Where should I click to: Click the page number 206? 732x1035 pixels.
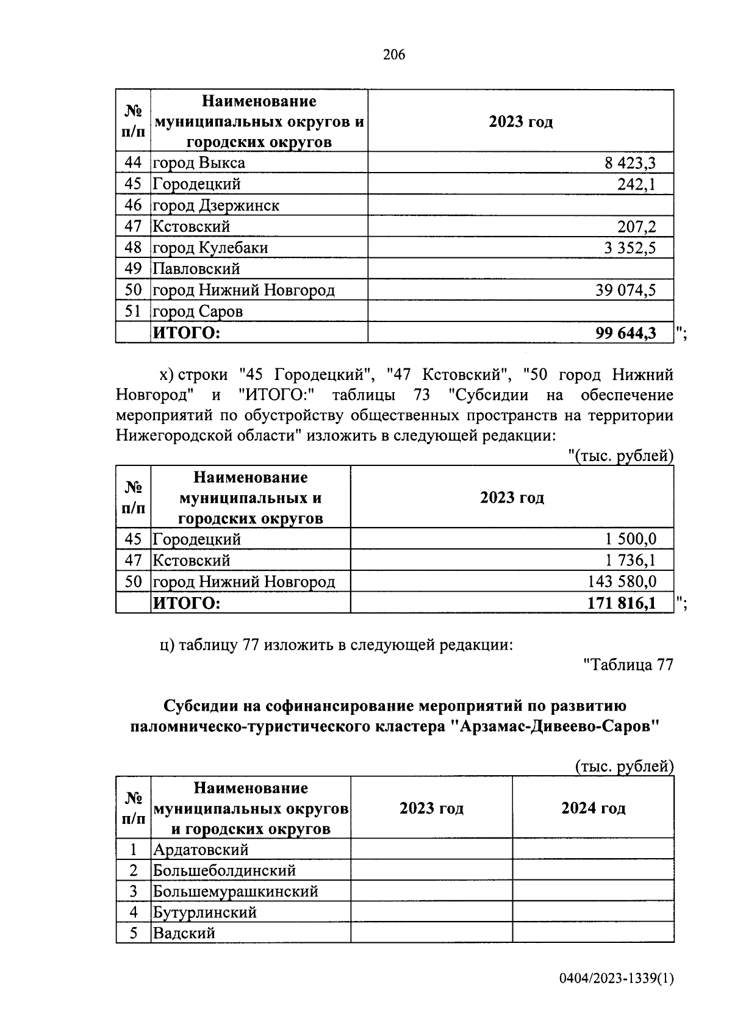393,55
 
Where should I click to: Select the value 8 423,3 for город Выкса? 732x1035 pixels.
630,163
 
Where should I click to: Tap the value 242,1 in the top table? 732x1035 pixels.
636,184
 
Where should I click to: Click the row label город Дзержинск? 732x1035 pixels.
216,206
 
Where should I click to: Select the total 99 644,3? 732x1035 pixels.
626,333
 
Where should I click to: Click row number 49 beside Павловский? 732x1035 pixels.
133,269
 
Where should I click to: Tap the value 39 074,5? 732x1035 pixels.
626,290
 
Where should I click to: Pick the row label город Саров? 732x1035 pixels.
198,312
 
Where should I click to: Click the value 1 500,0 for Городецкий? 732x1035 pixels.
631,539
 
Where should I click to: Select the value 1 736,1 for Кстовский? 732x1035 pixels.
631,560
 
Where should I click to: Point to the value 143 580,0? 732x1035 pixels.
622,582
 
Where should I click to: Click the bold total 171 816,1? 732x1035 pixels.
622,604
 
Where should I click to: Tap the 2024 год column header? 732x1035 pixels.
593,808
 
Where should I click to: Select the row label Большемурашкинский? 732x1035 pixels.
235,892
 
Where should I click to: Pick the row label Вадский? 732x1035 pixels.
184,934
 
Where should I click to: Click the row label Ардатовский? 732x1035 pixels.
201,850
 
